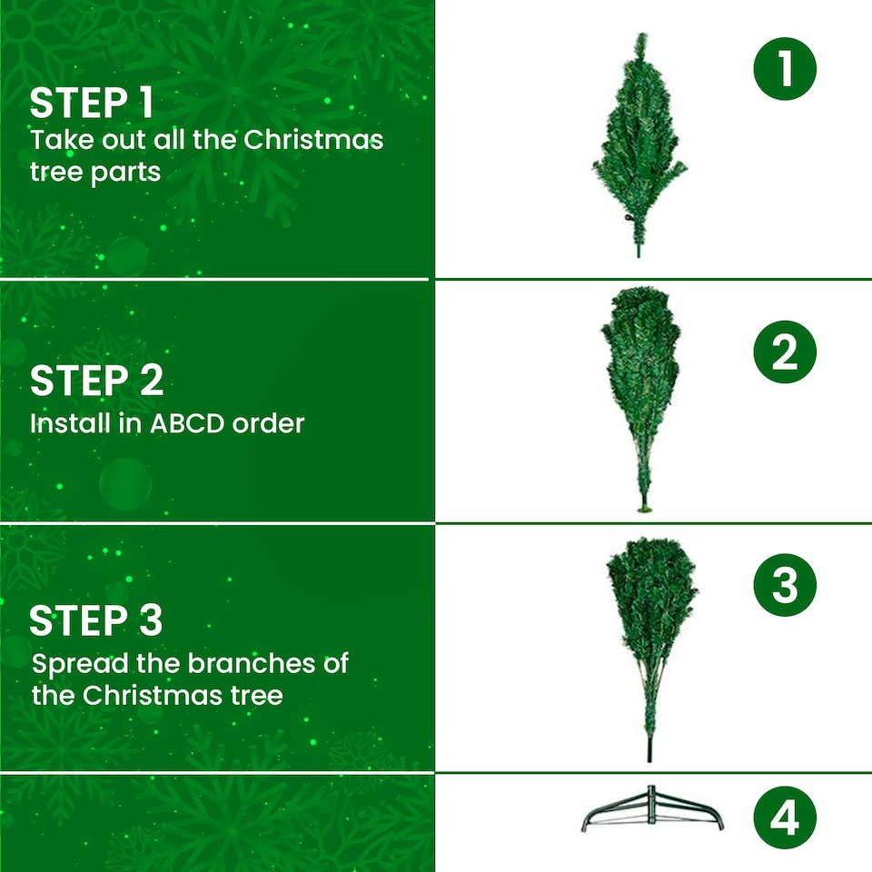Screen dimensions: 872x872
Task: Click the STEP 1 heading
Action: click(x=91, y=104)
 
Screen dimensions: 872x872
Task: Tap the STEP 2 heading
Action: click(x=96, y=381)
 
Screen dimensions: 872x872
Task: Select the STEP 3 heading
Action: click(x=95, y=621)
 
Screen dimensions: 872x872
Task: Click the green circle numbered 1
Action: click(x=785, y=69)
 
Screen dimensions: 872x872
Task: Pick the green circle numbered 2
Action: click(x=785, y=352)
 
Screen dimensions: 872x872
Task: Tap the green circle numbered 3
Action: click(x=785, y=586)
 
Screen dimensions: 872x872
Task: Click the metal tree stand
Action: click(x=652, y=810)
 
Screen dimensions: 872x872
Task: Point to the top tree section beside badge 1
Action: click(x=639, y=145)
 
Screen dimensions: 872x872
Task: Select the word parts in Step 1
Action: click(x=125, y=172)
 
